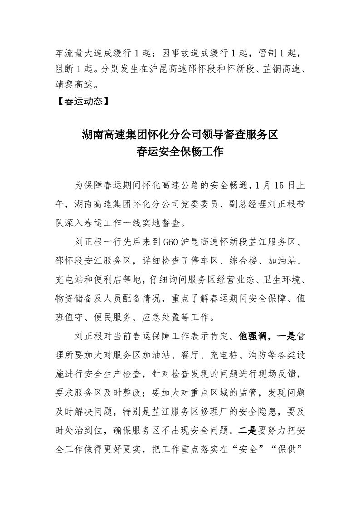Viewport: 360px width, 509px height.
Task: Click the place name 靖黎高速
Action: tap(76, 84)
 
